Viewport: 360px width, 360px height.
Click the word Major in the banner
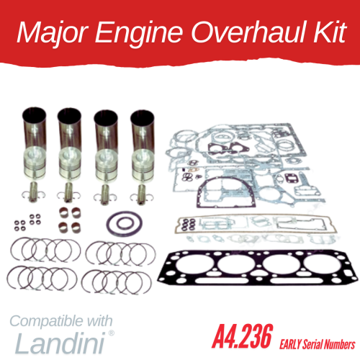pyautogui.click(x=53, y=33)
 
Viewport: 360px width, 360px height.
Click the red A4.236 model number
pyautogui.click(x=243, y=336)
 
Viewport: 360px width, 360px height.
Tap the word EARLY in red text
pyautogui.click(x=290, y=345)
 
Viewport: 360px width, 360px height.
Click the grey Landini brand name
pyautogui.click(x=60, y=343)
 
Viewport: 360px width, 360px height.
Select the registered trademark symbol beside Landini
pyautogui.click(x=112, y=333)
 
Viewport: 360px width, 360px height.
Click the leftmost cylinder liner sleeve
pyautogui.click(x=34, y=130)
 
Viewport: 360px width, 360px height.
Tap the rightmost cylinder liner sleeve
pyautogui.click(x=142, y=131)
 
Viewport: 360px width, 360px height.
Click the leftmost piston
pyautogui.click(x=35, y=163)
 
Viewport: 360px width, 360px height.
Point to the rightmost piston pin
pyautogui.click(x=141, y=194)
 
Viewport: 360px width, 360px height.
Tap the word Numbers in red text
pyautogui.click(x=340, y=345)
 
